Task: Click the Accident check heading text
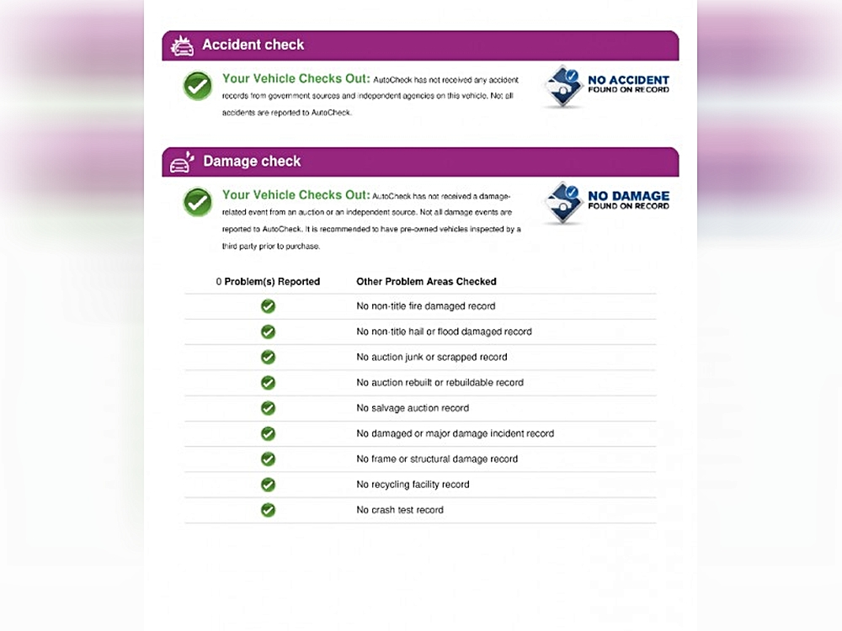pyautogui.click(x=253, y=45)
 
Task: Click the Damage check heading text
pyautogui.click(x=252, y=161)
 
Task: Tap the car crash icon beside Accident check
pyautogui.click(x=182, y=45)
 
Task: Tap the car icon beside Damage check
pyautogui.click(x=182, y=162)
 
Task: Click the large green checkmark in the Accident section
pyautogui.click(x=198, y=86)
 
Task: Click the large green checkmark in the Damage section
pyautogui.click(x=198, y=202)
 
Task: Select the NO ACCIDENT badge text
pyautogui.click(x=628, y=84)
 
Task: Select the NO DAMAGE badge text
pyautogui.click(x=628, y=200)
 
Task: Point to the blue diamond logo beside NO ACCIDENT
pyautogui.click(x=562, y=87)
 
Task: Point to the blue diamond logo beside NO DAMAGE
pyautogui.click(x=562, y=203)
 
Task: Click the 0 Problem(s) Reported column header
pyautogui.click(x=268, y=282)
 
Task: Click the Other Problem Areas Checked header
pyautogui.click(x=426, y=282)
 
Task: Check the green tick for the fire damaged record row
pyautogui.click(x=268, y=306)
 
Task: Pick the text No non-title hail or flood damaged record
pyautogui.click(x=444, y=331)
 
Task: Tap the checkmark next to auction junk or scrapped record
pyautogui.click(x=268, y=357)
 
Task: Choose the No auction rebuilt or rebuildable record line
pyautogui.click(x=440, y=383)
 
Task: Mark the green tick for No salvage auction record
pyautogui.click(x=268, y=408)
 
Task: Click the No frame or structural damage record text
pyautogui.click(x=437, y=459)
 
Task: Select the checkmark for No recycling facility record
pyautogui.click(x=268, y=485)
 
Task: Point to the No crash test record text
pyautogui.click(x=400, y=510)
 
